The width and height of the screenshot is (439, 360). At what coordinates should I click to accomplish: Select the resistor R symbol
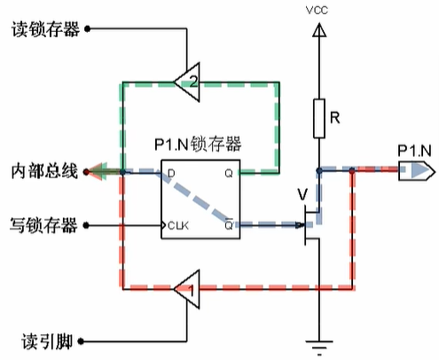(317, 119)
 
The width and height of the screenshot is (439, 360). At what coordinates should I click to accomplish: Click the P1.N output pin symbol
(412, 170)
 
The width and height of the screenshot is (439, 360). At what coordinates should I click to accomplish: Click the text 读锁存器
(44, 28)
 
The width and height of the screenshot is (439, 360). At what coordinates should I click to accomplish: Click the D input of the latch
(170, 171)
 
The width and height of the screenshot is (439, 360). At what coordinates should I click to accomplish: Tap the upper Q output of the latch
(228, 171)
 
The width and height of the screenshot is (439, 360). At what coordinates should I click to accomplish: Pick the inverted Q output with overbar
(229, 225)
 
